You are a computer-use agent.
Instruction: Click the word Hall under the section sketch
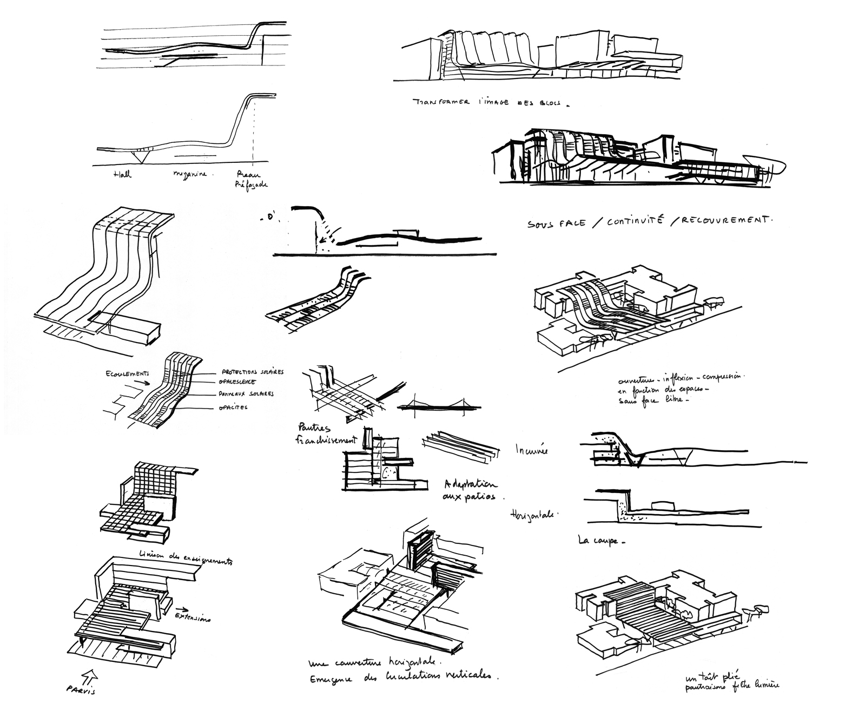(x=123, y=175)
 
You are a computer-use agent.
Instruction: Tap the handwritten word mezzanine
(x=193, y=175)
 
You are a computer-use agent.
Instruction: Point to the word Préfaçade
(x=253, y=185)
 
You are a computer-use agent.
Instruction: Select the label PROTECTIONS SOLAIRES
(x=253, y=372)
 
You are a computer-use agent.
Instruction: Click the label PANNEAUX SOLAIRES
(x=246, y=394)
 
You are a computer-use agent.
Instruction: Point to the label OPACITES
(x=234, y=407)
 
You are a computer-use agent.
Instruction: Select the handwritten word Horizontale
(x=533, y=515)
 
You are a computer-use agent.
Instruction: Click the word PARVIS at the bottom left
(x=84, y=690)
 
